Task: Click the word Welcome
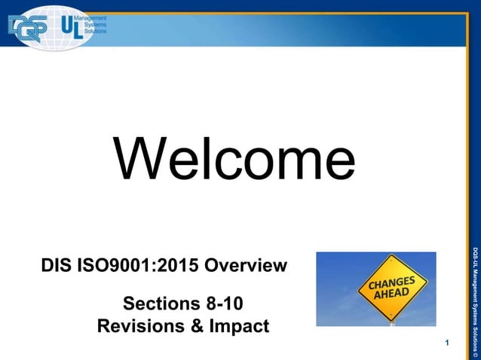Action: point(234,160)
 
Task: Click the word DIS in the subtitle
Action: point(60,266)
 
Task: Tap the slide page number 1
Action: point(448,344)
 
